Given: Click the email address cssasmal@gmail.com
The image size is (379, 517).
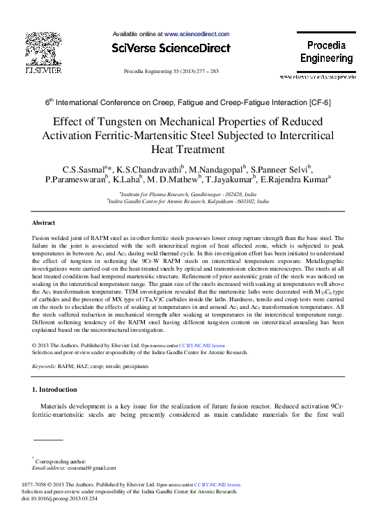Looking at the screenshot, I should [x=72, y=468].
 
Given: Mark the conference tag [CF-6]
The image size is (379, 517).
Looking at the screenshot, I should [x=317, y=102].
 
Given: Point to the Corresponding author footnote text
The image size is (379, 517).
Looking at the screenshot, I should [x=61, y=461].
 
